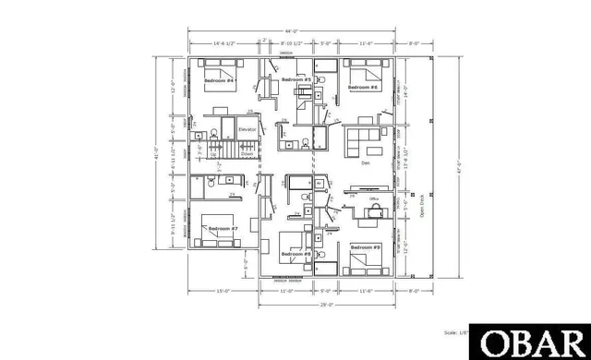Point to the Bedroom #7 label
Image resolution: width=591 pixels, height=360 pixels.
223,228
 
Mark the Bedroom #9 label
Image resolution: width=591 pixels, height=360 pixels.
366,247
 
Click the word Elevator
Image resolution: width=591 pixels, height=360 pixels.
247,130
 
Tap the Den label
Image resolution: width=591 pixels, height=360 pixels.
365,163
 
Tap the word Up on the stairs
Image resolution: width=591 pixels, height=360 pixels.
215,155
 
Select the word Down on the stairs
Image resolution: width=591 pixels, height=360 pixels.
247,155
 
